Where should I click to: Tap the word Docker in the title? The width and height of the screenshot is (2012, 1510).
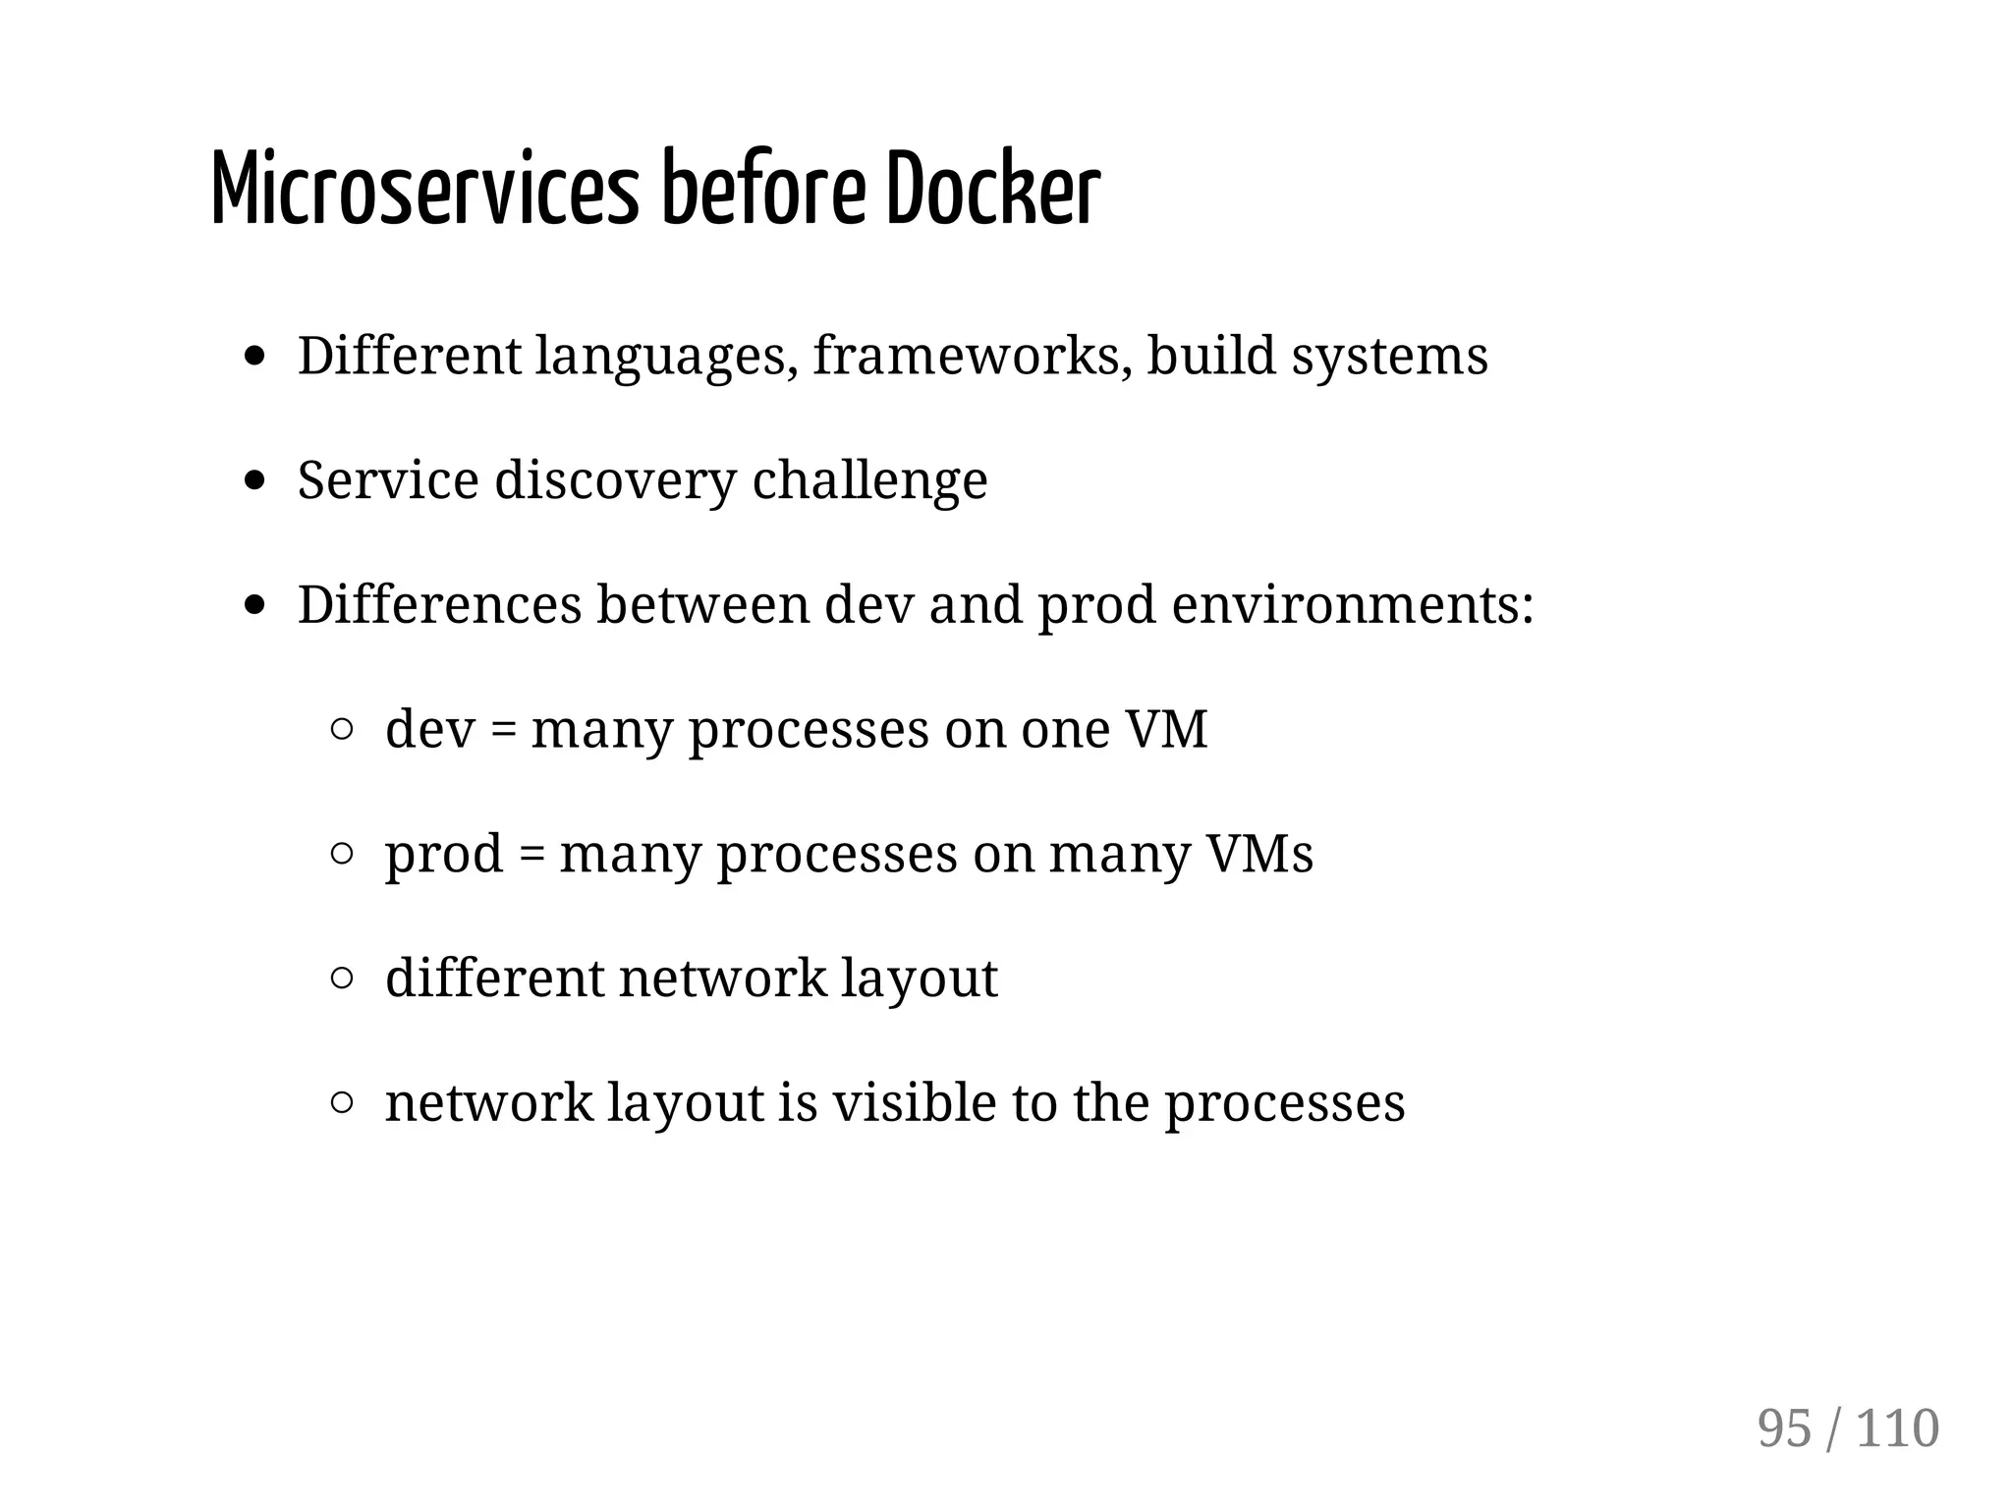click(x=992, y=189)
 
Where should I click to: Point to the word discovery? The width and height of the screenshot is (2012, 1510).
click(x=615, y=480)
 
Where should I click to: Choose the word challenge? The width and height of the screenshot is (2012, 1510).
click(x=869, y=480)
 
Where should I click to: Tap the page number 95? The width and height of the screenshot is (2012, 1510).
click(x=1784, y=1428)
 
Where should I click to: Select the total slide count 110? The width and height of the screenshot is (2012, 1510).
click(x=1897, y=1428)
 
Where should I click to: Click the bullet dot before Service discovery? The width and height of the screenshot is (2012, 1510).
click(x=255, y=480)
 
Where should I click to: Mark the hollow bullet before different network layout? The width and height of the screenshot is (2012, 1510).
click(x=342, y=979)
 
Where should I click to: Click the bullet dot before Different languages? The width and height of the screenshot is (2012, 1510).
click(x=255, y=356)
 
